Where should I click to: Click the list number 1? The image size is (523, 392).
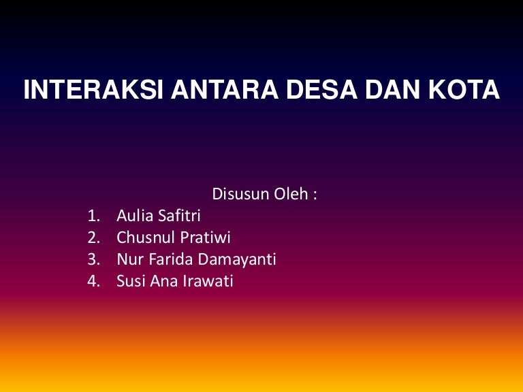click(x=93, y=216)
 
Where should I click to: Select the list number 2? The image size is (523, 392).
click(x=93, y=238)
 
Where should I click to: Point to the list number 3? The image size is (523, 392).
click(x=93, y=259)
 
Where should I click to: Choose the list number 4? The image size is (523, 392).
click(x=93, y=281)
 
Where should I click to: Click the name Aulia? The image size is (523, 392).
click(x=134, y=216)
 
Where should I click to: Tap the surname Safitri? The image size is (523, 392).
click(x=178, y=216)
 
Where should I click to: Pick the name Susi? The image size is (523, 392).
click(x=131, y=281)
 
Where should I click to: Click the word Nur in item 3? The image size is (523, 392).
click(x=127, y=259)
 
